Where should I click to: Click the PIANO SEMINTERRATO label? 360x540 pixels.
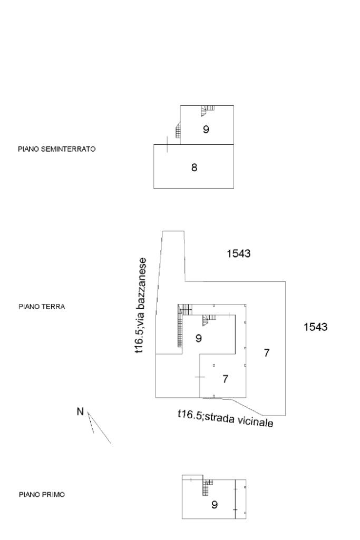(57, 149)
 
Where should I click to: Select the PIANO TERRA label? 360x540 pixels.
(42, 306)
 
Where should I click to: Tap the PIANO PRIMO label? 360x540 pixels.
(42, 495)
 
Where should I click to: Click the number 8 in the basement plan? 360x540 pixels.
(194, 168)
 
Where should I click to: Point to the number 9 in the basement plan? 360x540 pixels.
(206, 129)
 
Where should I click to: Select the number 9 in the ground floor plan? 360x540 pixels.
(198, 338)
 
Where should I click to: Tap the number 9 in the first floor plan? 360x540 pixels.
(214, 505)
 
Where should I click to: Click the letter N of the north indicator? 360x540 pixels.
(80, 411)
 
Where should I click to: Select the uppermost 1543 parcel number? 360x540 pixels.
(238, 254)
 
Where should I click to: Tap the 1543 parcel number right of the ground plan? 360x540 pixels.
(315, 327)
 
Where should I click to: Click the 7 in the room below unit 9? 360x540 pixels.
(225, 378)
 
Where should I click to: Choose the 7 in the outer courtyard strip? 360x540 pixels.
(267, 353)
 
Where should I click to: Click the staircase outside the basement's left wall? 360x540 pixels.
(179, 129)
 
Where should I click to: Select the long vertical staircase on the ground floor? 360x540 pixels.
(180, 330)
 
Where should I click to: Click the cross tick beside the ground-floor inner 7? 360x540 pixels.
(199, 377)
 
